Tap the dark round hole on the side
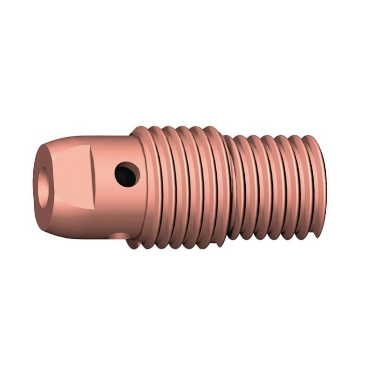127,174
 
